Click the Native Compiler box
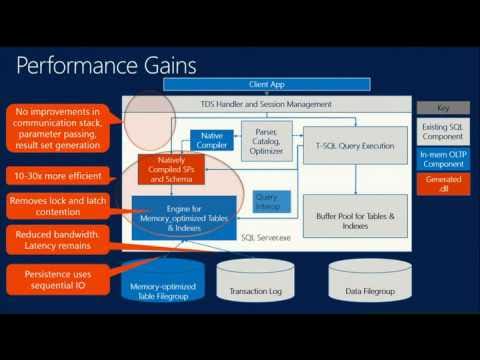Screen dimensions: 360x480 tap(211, 139)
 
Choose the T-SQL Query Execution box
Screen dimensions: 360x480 tap(355, 145)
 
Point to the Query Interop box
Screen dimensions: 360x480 tap(267, 201)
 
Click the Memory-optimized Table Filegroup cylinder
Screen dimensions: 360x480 tap(161, 282)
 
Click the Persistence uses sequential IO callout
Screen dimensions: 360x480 tap(58, 277)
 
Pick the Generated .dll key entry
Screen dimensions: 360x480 tap(442, 183)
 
